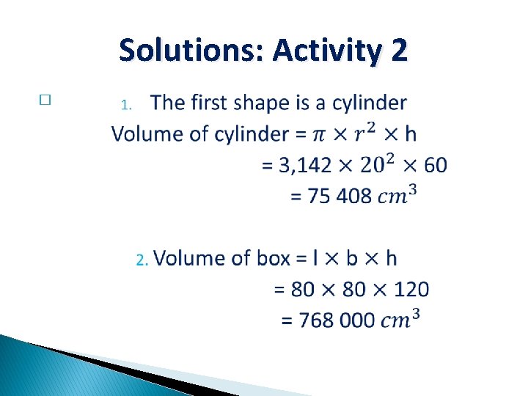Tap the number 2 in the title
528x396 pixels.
pyautogui.click(x=399, y=51)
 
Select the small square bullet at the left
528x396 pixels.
pyautogui.click(x=45, y=101)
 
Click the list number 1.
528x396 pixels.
pyautogui.click(x=125, y=105)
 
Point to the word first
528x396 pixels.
pyautogui.click(x=214, y=103)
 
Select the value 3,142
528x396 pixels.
pyautogui.click(x=305, y=165)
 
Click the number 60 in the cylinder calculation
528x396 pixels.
pyautogui.click(x=435, y=165)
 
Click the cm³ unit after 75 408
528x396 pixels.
pyautogui.click(x=400, y=195)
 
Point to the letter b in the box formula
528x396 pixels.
pyautogui.click(x=352, y=258)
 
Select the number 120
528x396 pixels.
pyautogui.click(x=411, y=289)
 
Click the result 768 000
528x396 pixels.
pyautogui.click(x=337, y=320)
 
